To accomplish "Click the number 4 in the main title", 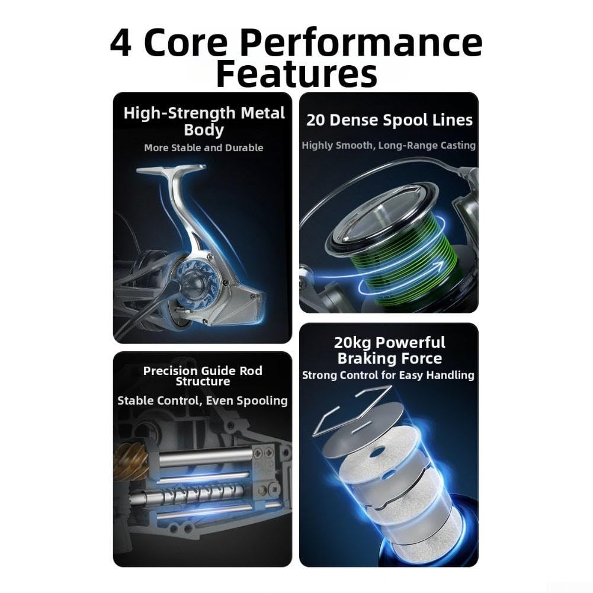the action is pos(121,42).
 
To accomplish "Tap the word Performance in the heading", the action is pos(361,43).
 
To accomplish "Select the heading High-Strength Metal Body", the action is pos(204,121).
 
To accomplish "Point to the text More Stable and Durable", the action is pos(203,148).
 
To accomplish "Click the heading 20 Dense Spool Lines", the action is pos(389,120).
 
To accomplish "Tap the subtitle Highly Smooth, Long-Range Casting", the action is pos(389,145).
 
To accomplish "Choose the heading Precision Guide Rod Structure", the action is pos(203,376).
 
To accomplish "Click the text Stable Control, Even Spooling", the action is pos(203,400).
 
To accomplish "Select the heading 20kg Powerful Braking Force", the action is pos(390,350).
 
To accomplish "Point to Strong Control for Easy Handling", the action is pos(388,375).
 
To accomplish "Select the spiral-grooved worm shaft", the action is pos(193,494).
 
